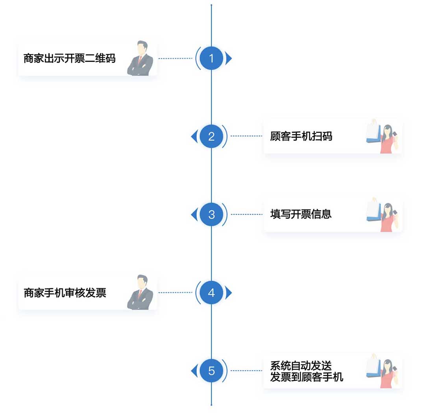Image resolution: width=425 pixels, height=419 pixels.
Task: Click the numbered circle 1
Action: point(211,59)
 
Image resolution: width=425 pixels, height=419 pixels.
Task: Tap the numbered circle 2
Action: point(211,137)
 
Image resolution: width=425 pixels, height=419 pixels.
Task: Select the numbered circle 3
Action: point(211,215)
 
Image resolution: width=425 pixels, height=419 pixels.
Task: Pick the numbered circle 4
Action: point(211,293)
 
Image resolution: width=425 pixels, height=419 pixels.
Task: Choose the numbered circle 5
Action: point(211,371)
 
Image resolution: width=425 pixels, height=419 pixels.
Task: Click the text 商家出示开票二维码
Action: point(70,59)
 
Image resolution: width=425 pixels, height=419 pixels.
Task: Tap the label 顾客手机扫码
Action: point(301,137)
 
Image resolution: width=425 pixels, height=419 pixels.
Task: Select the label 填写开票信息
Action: point(301,214)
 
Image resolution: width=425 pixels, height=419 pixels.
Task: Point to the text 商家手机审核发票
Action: point(65,293)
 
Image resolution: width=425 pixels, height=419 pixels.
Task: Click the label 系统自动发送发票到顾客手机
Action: point(307,371)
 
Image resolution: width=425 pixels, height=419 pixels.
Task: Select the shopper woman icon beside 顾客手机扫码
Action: point(382,136)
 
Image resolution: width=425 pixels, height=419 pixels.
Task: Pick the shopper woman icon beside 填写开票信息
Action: point(382,214)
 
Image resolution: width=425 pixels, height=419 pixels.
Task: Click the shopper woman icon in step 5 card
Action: point(382,371)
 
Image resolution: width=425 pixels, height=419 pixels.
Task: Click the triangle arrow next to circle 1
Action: point(229,59)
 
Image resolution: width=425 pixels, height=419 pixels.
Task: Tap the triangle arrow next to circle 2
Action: point(194,137)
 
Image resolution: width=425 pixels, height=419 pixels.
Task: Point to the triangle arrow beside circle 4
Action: point(229,293)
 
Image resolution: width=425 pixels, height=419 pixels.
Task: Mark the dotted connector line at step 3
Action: point(247,215)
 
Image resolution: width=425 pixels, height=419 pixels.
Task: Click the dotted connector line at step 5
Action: point(247,371)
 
